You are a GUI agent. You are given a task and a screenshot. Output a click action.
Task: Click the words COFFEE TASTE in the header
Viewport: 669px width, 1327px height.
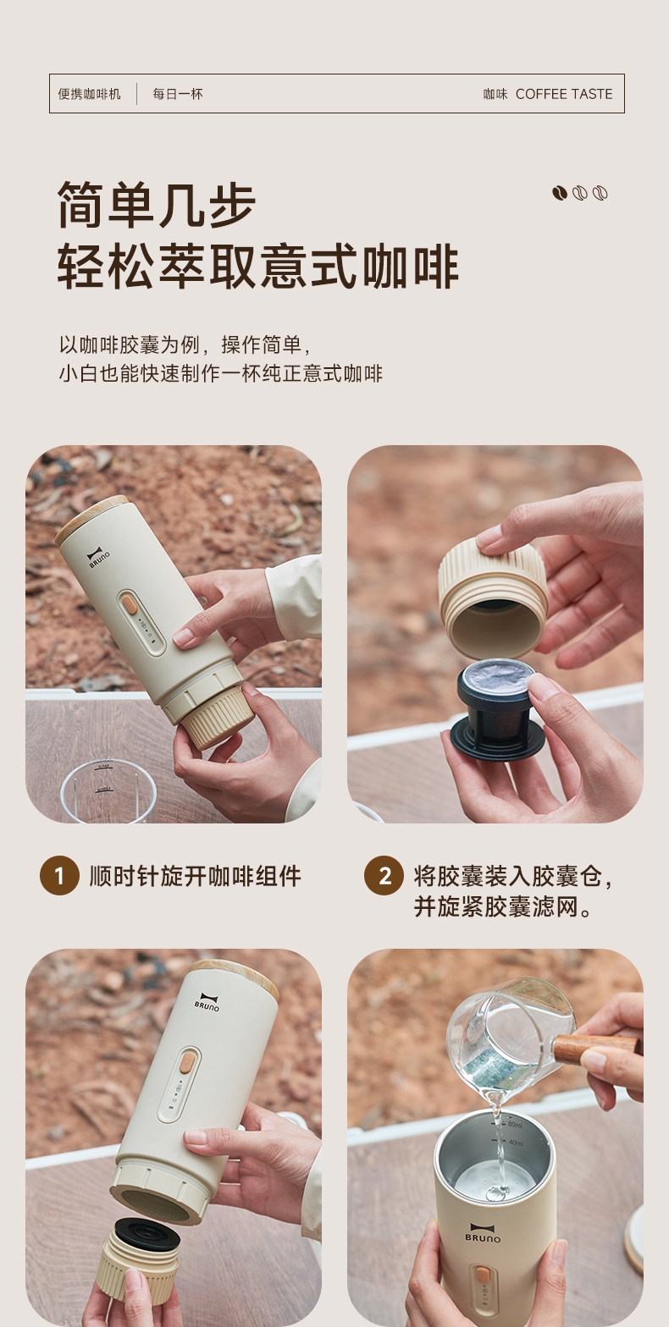point(563,94)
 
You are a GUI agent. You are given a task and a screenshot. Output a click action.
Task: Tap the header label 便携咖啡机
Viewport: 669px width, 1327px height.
point(90,94)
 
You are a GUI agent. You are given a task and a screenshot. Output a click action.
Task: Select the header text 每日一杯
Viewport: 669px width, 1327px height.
point(178,94)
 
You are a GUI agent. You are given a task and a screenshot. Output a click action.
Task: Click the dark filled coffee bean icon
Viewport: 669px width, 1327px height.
point(560,193)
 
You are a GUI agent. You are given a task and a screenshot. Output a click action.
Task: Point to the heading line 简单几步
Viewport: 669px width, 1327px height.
point(157,205)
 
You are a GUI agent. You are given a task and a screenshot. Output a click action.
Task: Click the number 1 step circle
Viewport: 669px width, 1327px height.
point(59,876)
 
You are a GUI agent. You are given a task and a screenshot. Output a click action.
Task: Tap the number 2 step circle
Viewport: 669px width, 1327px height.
point(384,876)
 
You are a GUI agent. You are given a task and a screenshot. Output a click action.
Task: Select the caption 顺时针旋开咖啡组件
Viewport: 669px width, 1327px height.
point(195,876)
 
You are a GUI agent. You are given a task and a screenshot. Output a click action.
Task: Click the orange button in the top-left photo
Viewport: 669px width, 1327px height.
point(130,605)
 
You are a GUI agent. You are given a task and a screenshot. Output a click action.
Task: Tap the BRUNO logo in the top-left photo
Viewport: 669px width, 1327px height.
point(97,558)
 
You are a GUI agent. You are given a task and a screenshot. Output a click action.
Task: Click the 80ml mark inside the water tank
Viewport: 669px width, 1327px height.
point(514,1124)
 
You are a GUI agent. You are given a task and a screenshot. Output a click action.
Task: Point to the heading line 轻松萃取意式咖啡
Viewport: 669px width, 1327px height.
point(258,267)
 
